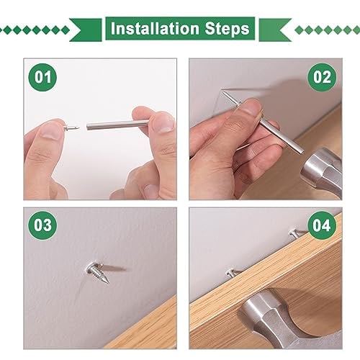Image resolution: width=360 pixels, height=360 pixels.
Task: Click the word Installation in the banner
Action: (155, 29)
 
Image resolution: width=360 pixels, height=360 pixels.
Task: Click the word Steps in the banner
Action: (227, 30)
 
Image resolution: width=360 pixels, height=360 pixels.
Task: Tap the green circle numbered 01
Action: (42, 77)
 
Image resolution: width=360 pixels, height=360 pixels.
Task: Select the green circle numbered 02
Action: (322, 77)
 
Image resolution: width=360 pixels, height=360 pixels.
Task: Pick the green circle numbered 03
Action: (42, 225)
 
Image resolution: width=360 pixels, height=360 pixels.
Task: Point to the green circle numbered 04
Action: (322, 225)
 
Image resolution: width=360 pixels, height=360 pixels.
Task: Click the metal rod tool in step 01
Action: (117, 125)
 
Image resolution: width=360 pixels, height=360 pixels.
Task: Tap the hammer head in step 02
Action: (322, 171)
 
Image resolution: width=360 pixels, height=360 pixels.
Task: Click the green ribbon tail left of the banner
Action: (86, 30)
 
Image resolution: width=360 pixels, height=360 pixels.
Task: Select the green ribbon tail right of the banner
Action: (275, 30)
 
